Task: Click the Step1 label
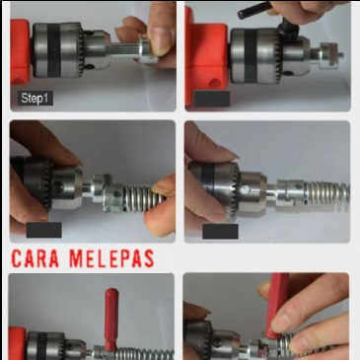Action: [x=36, y=99]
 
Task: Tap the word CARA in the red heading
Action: [x=36, y=258]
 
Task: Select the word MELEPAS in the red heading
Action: [x=111, y=258]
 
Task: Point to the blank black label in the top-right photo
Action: [x=212, y=99]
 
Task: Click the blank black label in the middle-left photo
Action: [x=43, y=230]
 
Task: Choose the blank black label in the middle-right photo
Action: [x=220, y=232]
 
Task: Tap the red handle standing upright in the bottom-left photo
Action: [x=110, y=319]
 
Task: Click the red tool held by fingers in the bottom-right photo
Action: [x=275, y=306]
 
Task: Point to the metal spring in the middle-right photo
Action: [x=326, y=194]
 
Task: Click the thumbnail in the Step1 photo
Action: [x=161, y=40]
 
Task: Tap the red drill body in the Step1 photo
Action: [x=21, y=51]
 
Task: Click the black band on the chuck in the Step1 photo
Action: [x=53, y=50]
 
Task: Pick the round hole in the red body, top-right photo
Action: [x=216, y=83]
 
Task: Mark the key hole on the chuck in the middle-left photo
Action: [x=58, y=187]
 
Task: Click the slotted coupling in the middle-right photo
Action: [x=290, y=193]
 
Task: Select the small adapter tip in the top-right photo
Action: [x=327, y=54]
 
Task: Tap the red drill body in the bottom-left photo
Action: [x=18, y=343]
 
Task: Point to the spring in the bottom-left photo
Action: [x=144, y=354]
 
